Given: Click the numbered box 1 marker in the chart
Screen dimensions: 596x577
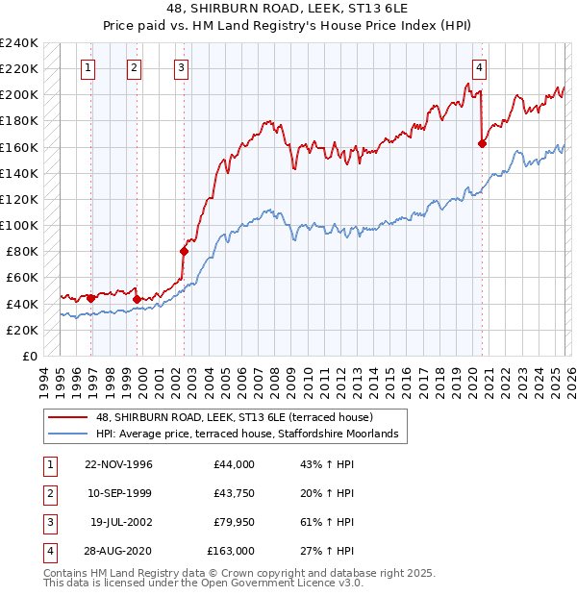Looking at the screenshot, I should [x=88, y=67].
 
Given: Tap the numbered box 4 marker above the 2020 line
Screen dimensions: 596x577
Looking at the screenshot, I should [x=479, y=67].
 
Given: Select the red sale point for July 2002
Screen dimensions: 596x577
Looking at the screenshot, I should [x=183, y=251].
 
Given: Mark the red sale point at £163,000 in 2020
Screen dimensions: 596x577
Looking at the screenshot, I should [x=482, y=143].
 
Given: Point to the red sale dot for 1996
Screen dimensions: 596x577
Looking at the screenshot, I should [x=91, y=298].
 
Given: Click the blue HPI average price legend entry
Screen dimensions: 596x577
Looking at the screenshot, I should [x=252, y=435].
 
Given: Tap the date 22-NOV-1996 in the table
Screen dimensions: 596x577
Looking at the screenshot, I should [x=118, y=464].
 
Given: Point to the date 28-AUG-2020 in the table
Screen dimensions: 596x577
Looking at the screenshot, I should [x=118, y=551].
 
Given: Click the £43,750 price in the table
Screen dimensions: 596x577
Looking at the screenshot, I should [x=231, y=493].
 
